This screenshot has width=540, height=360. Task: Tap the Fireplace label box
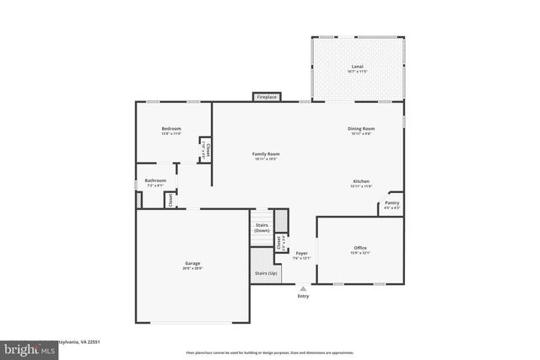pyautogui.click(x=267, y=98)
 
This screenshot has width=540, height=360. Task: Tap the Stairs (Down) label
pyautogui.click(x=262, y=228)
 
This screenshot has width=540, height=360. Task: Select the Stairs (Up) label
pyautogui.click(x=266, y=274)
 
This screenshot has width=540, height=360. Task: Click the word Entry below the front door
pyautogui.click(x=303, y=296)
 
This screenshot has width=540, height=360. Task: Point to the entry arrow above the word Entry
pyautogui.click(x=303, y=288)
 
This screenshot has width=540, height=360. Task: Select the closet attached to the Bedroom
pyautogui.click(x=205, y=150)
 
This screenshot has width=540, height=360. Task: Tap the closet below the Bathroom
pyautogui.click(x=170, y=200)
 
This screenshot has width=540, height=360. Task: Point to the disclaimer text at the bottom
pyautogui.click(x=270, y=352)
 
